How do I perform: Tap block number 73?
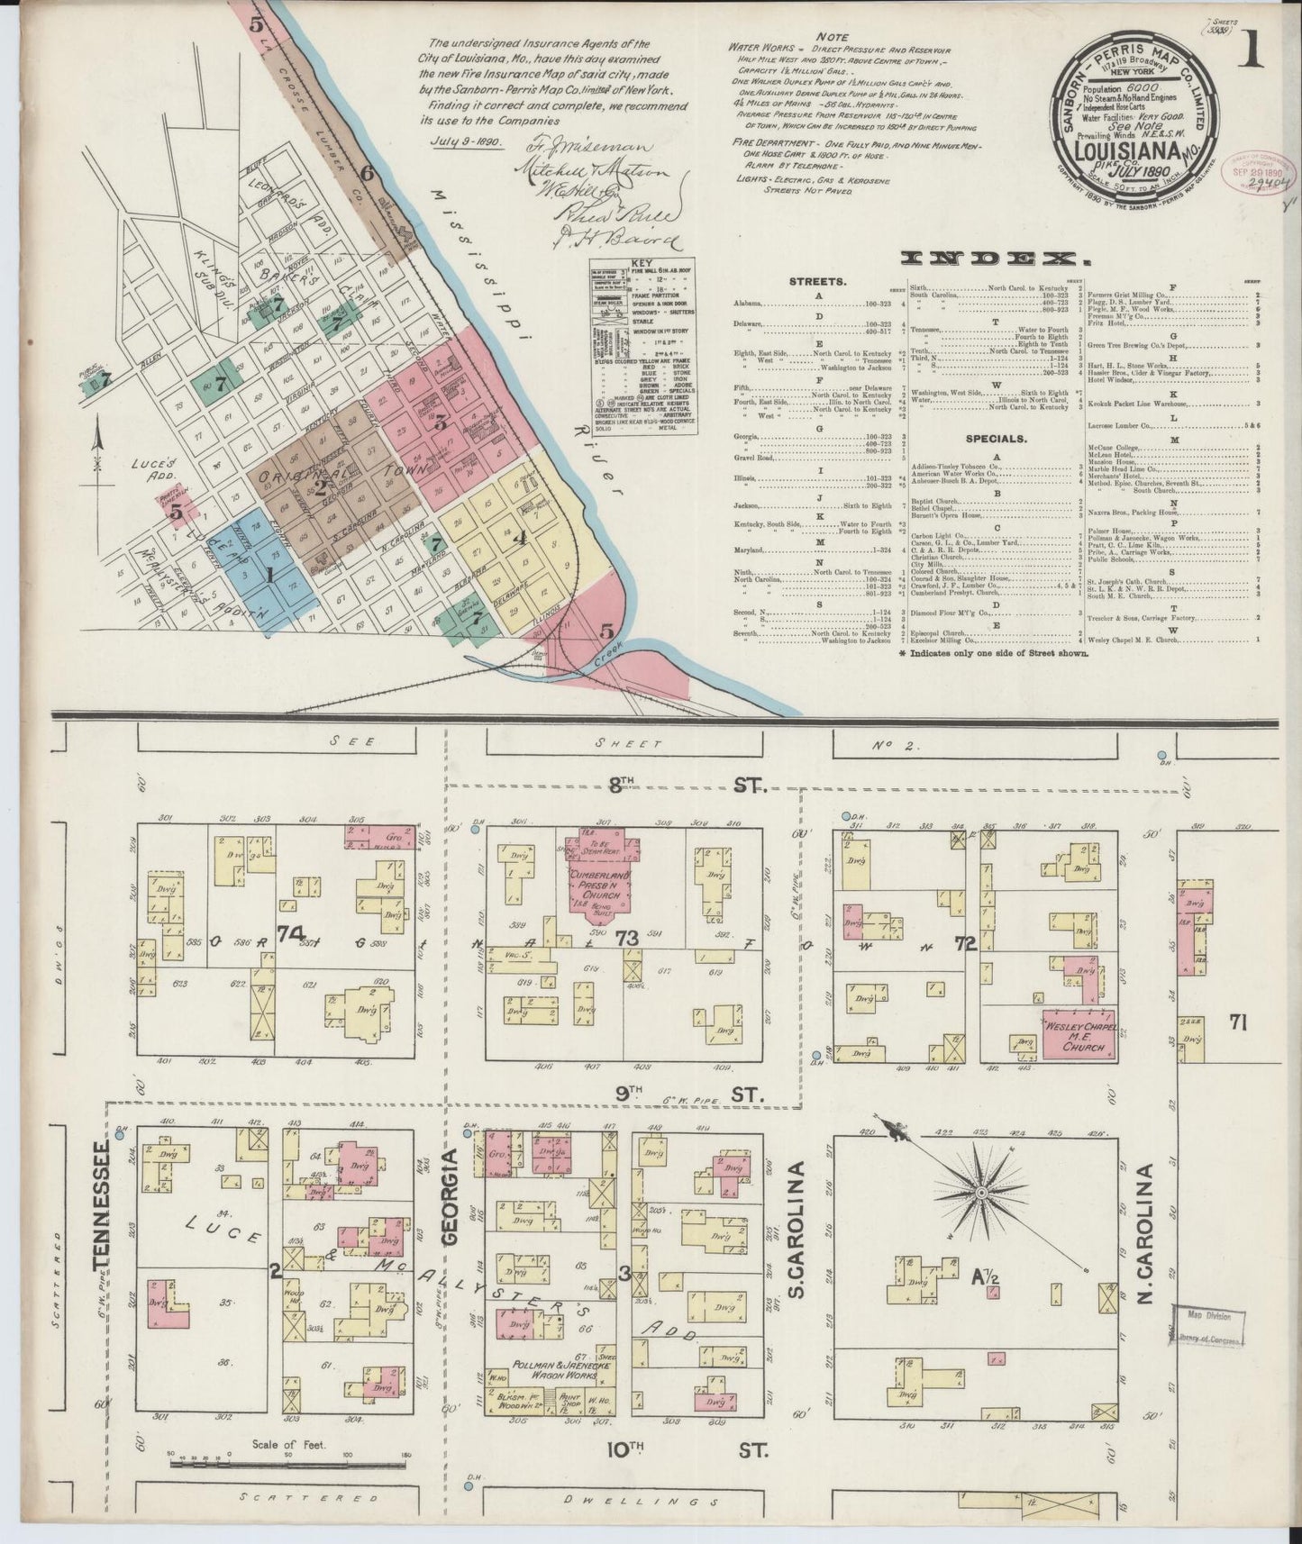click(x=627, y=939)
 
